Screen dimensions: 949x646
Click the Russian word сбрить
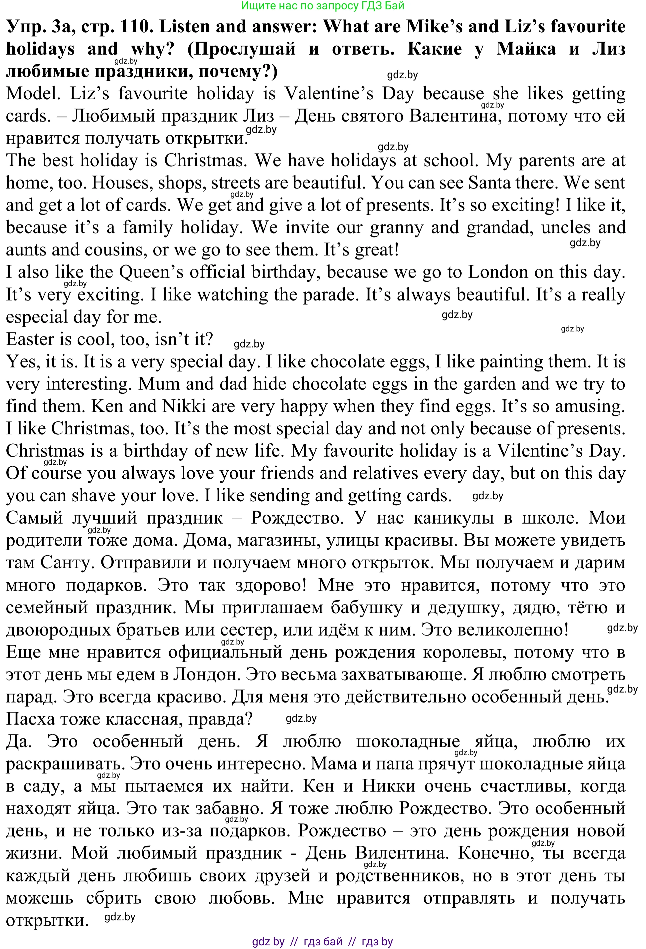(x=114, y=898)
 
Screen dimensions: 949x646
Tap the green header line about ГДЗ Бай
(x=323, y=6)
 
